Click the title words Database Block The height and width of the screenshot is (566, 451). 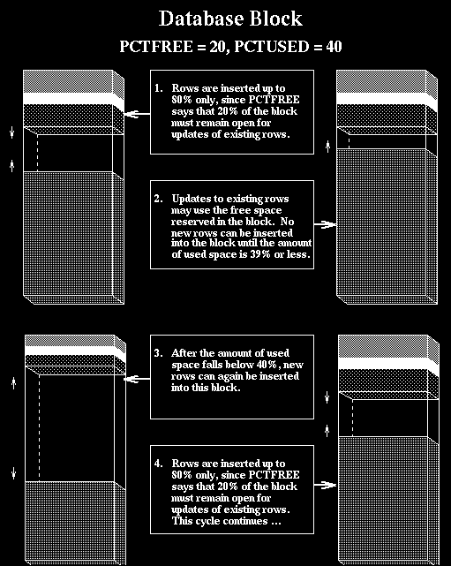(x=230, y=19)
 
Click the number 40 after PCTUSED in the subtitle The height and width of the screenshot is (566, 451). (x=334, y=47)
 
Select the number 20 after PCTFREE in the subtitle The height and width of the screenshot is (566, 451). (x=217, y=47)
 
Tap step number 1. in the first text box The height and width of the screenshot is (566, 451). (x=159, y=88)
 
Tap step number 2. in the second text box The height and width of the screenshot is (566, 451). (x=159, y=199)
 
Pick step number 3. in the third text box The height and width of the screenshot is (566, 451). (x=159, y=353)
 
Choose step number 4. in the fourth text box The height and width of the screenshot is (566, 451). (x=159, y=464)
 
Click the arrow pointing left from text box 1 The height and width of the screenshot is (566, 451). (x=137, y=114)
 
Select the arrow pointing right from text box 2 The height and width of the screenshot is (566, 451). (x=325, y=224)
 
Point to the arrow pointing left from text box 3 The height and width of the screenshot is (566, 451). (x=137, y=379)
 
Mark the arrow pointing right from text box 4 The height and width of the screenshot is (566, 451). (x=325, y=485)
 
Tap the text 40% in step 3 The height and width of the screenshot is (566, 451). (x=267, y=365)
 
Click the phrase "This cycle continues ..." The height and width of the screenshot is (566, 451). (x=226, y=521)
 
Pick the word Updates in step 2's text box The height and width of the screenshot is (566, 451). (x=188, y=199)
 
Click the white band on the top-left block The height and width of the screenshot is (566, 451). (x=72, y=99)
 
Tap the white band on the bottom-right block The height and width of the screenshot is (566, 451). (x=387, y=363)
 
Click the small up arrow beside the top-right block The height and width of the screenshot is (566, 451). (x=327, y=147)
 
